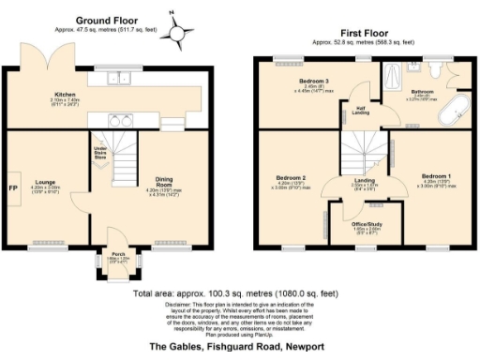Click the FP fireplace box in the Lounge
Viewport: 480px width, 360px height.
click(x=13, y=187)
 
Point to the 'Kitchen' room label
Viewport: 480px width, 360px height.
click(x=65, y=95)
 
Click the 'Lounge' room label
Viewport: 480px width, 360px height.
click(x=46, y=182)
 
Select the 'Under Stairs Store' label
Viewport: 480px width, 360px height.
click(x=99, y=154)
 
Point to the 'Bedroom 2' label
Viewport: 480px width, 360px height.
click(x=292, y=177)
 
